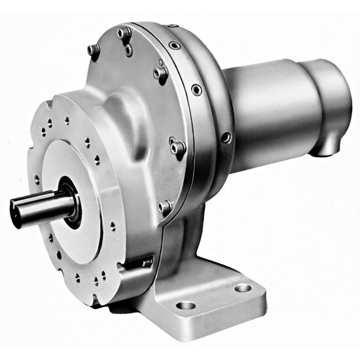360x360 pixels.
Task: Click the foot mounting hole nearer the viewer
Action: [186, 305]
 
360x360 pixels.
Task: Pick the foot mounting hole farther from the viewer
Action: [243, 287]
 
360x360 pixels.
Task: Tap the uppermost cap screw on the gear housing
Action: [124, 32]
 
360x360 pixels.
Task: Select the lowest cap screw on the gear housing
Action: [165, 207]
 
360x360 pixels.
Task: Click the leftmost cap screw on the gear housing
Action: [94, 50]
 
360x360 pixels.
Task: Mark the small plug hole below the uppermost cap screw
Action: [129, 50]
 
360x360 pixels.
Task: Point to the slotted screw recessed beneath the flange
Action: [145, 263]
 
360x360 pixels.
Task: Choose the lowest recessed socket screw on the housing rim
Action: [225, 137]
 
